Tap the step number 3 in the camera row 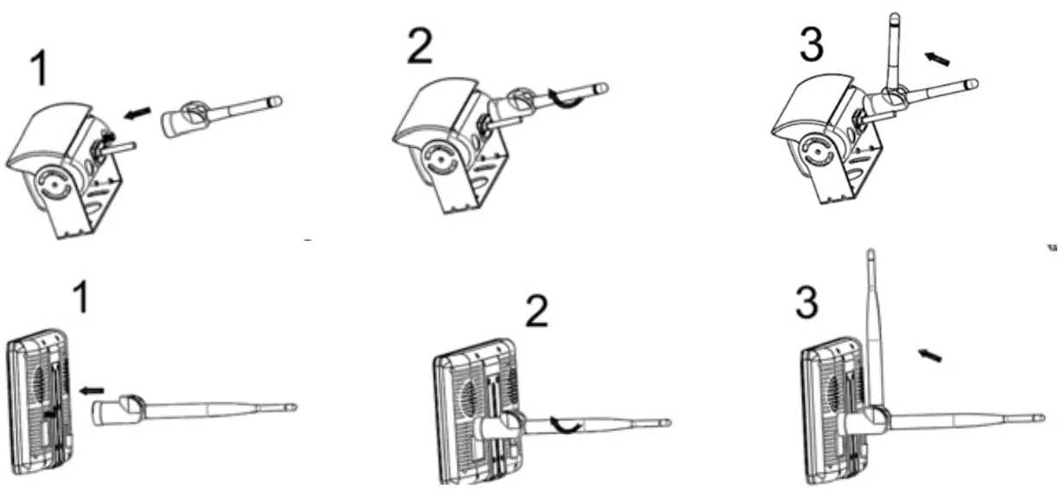(x=812, y=46)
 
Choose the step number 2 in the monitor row (x=537, y=314)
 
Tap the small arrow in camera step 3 (x=936, y=59)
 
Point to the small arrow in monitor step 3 (x=929, y=354)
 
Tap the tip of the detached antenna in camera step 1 (x=278, y=99)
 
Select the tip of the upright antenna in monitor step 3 (x=871, y=254)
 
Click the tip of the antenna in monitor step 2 (x=666, y=423)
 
